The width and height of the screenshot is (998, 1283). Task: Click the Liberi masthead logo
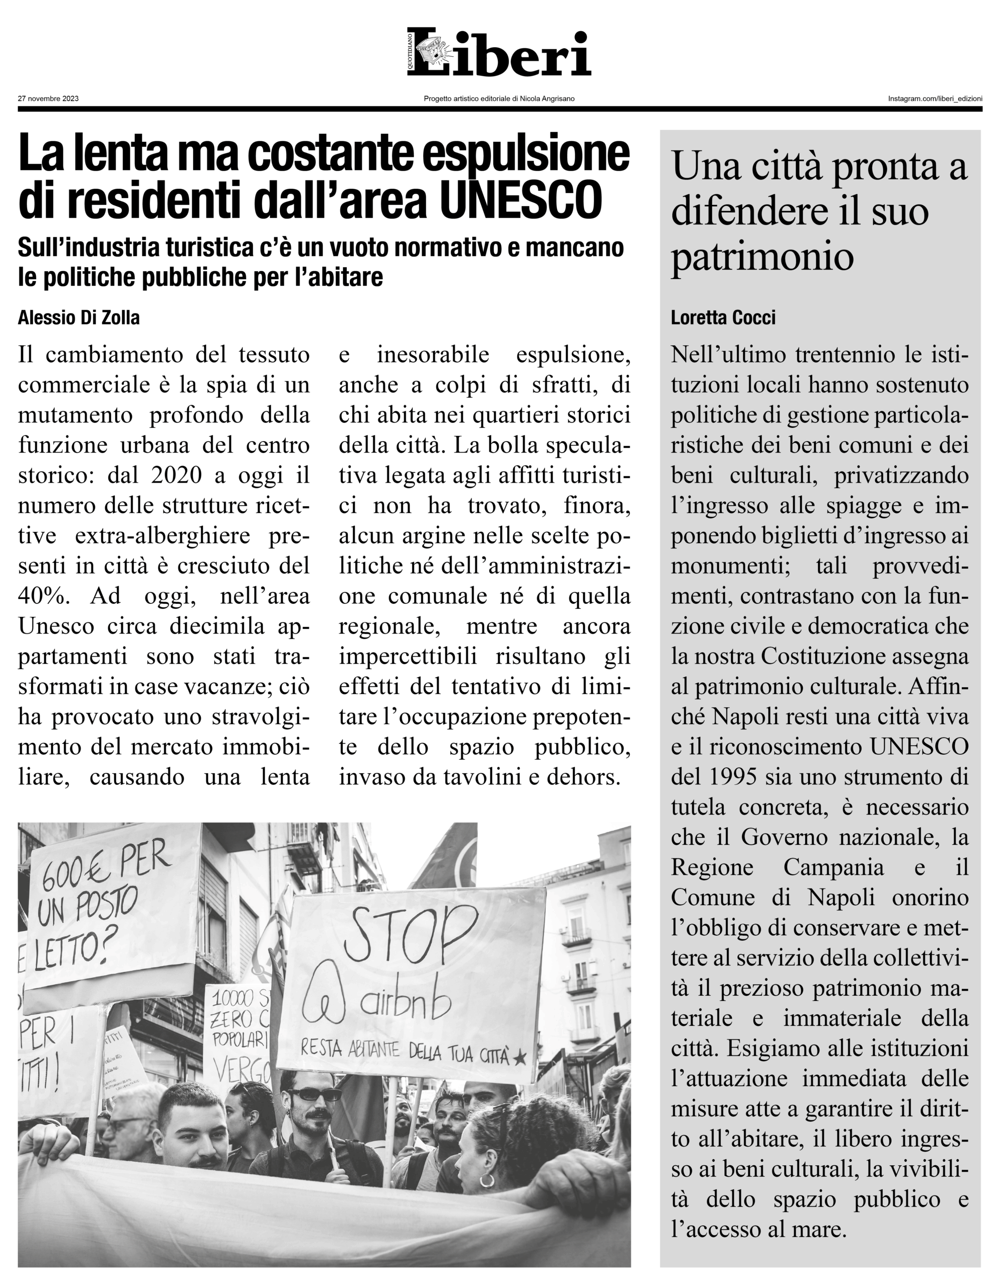(x=499, y=53)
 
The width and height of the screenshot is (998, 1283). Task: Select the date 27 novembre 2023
(x=48, y=99)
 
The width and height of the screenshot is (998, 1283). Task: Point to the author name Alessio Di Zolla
(x=79, y=318)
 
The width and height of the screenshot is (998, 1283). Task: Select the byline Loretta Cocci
(x=723, y=318)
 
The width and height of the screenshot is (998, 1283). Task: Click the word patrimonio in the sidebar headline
(x=762, y=256)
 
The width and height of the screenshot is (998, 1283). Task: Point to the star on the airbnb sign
(x=519, y=1058)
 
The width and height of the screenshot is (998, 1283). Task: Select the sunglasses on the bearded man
(x=314, y=1094)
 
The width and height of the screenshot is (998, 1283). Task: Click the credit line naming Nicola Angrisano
(x=499, y=99)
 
